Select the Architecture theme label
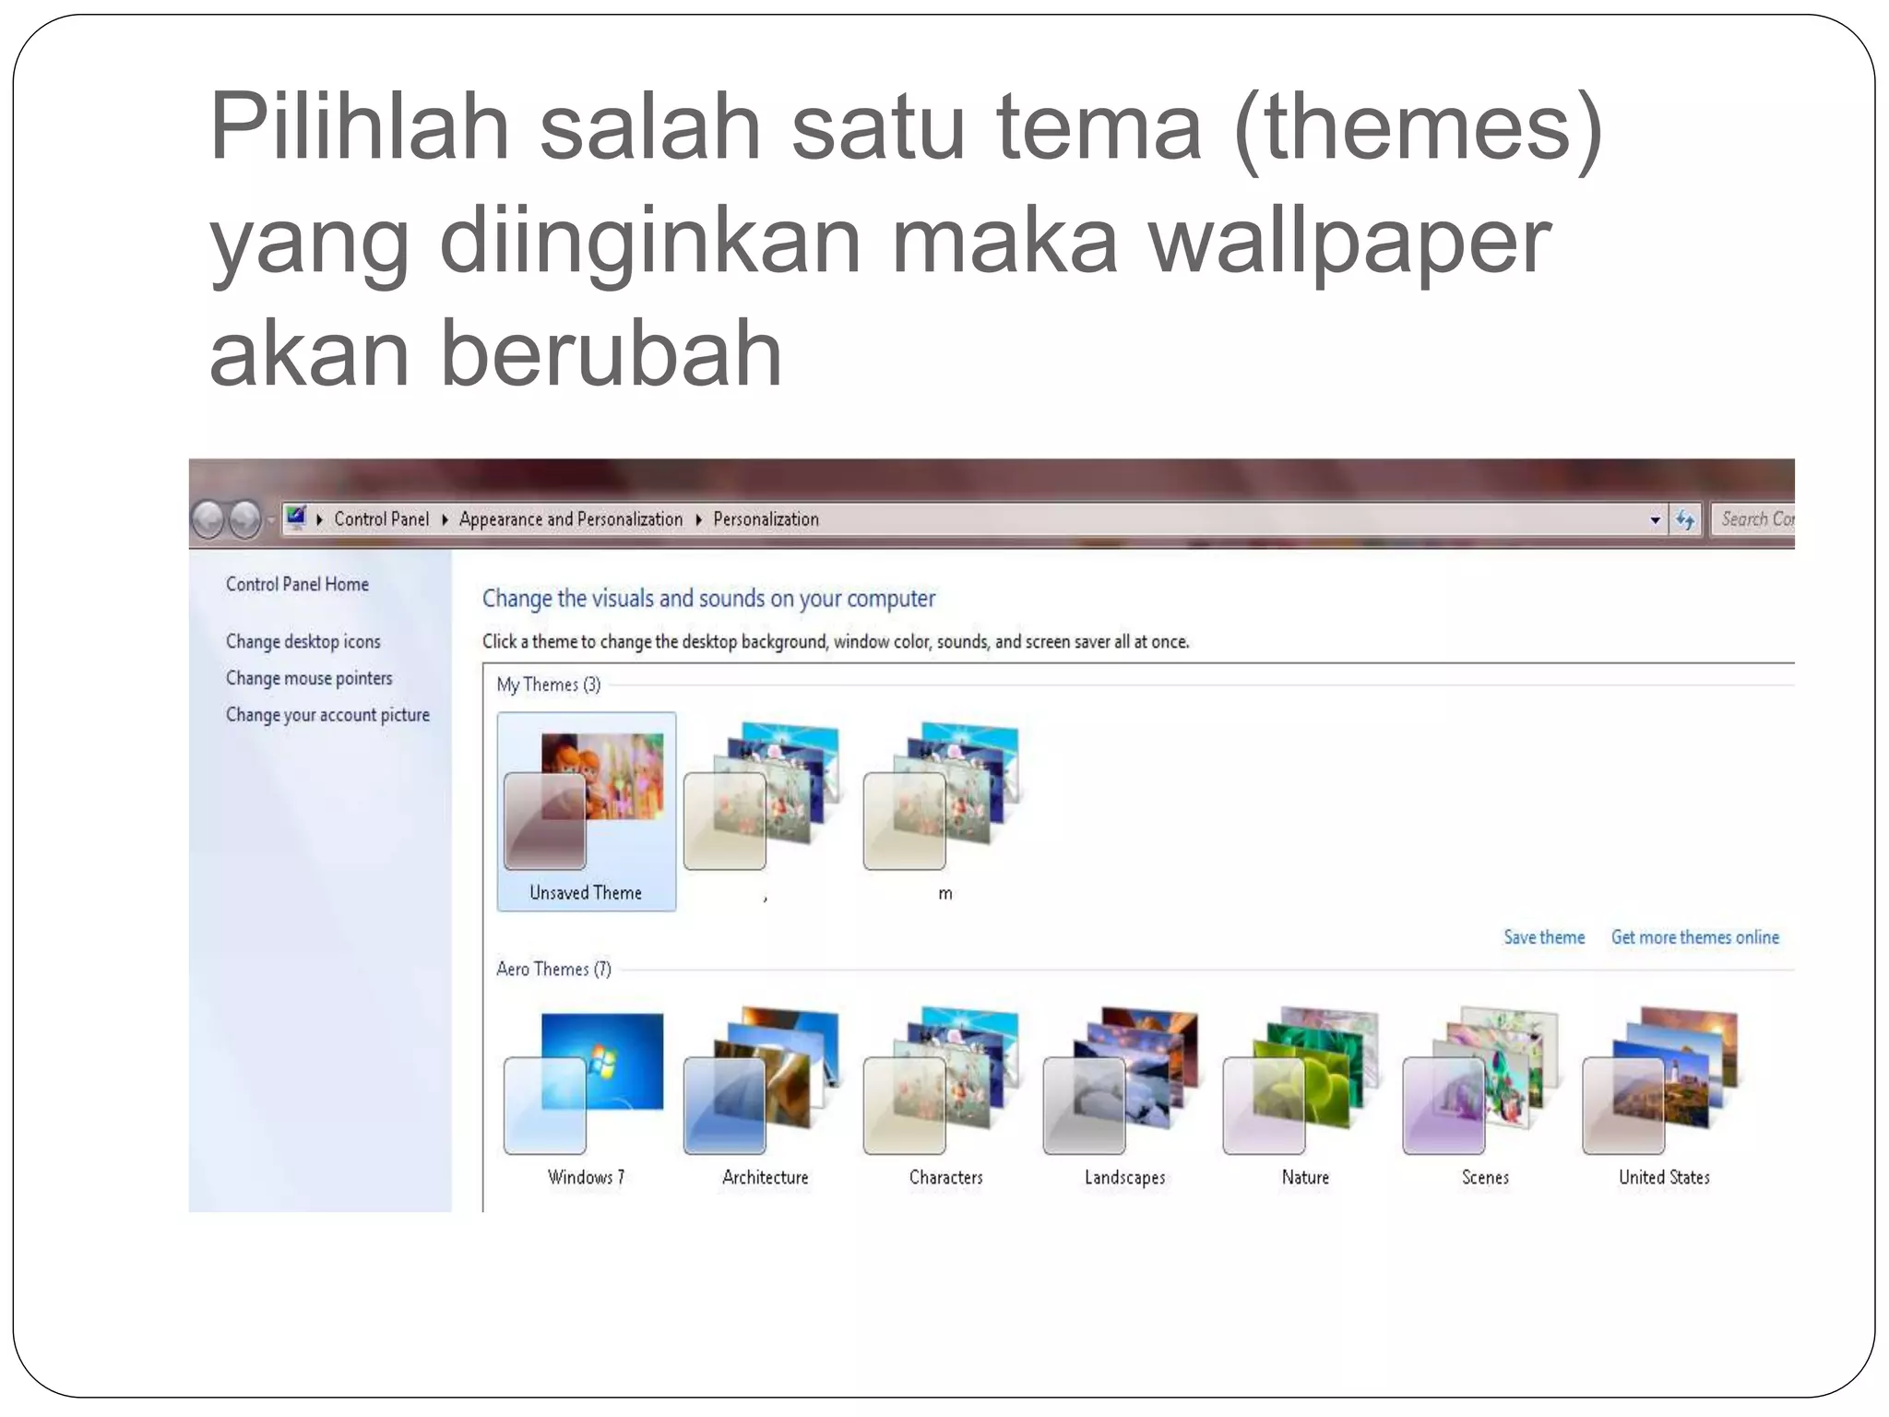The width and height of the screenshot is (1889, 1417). [765, 1177]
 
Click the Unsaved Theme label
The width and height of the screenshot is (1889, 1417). [585, 892]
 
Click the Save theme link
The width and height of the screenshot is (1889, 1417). [1543, 937]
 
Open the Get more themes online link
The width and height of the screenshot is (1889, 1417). [1694, 937]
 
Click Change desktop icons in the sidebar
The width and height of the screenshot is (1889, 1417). [303, 641]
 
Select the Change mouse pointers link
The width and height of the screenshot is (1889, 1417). [309, 678]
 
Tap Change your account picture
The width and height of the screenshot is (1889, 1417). [327, 715]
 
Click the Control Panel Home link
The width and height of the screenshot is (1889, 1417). [297, 584]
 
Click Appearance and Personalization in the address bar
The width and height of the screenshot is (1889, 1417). [570, 519]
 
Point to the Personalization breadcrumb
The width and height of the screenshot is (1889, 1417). [766, 519]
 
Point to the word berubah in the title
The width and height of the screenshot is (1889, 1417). [611, 354]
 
